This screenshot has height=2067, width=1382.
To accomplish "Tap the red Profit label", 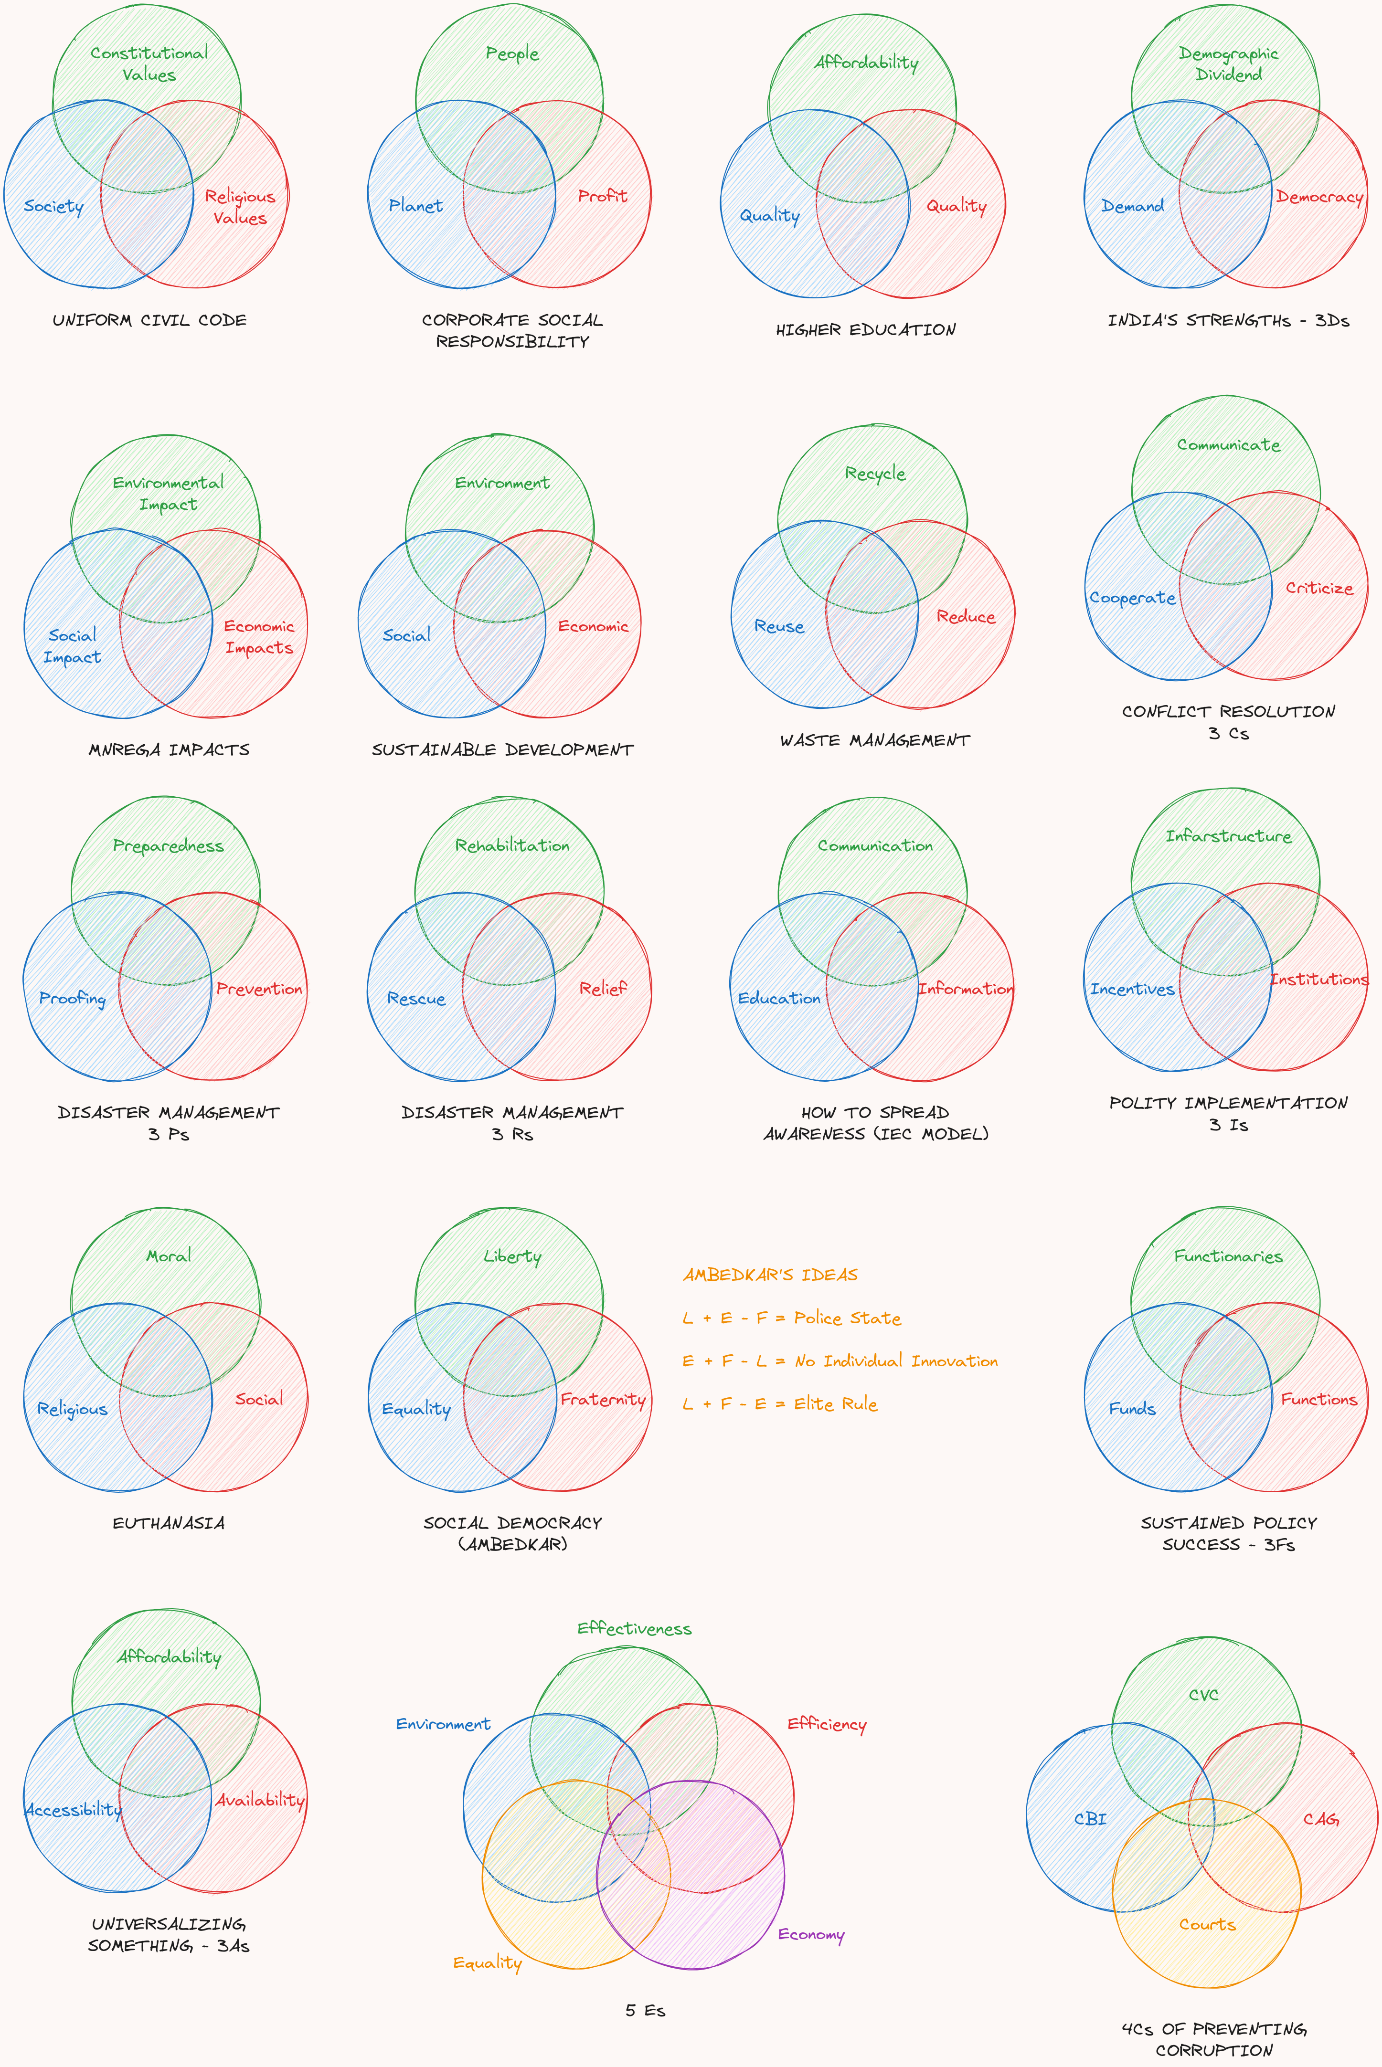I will [x=603, y=196].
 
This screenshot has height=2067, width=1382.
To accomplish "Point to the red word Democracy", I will [x=1319, y=197].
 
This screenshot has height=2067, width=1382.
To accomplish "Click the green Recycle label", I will [x=875, y=473].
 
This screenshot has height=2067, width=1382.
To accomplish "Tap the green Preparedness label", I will [x=169, y=846].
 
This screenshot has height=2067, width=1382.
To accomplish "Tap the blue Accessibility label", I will [x=73, y=1810].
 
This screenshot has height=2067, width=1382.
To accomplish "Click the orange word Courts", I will [x=1208, y=1924].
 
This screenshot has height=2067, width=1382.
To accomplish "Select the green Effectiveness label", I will [x=635, y=1628].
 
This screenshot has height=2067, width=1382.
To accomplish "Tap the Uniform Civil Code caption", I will [x=150, y=320].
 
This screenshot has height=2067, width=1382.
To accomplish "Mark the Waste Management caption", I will [x=875, y=740].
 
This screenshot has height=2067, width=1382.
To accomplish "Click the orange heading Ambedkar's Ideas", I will [x=770, y=1275].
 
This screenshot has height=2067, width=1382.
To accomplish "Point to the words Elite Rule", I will [x=836, y=1403].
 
